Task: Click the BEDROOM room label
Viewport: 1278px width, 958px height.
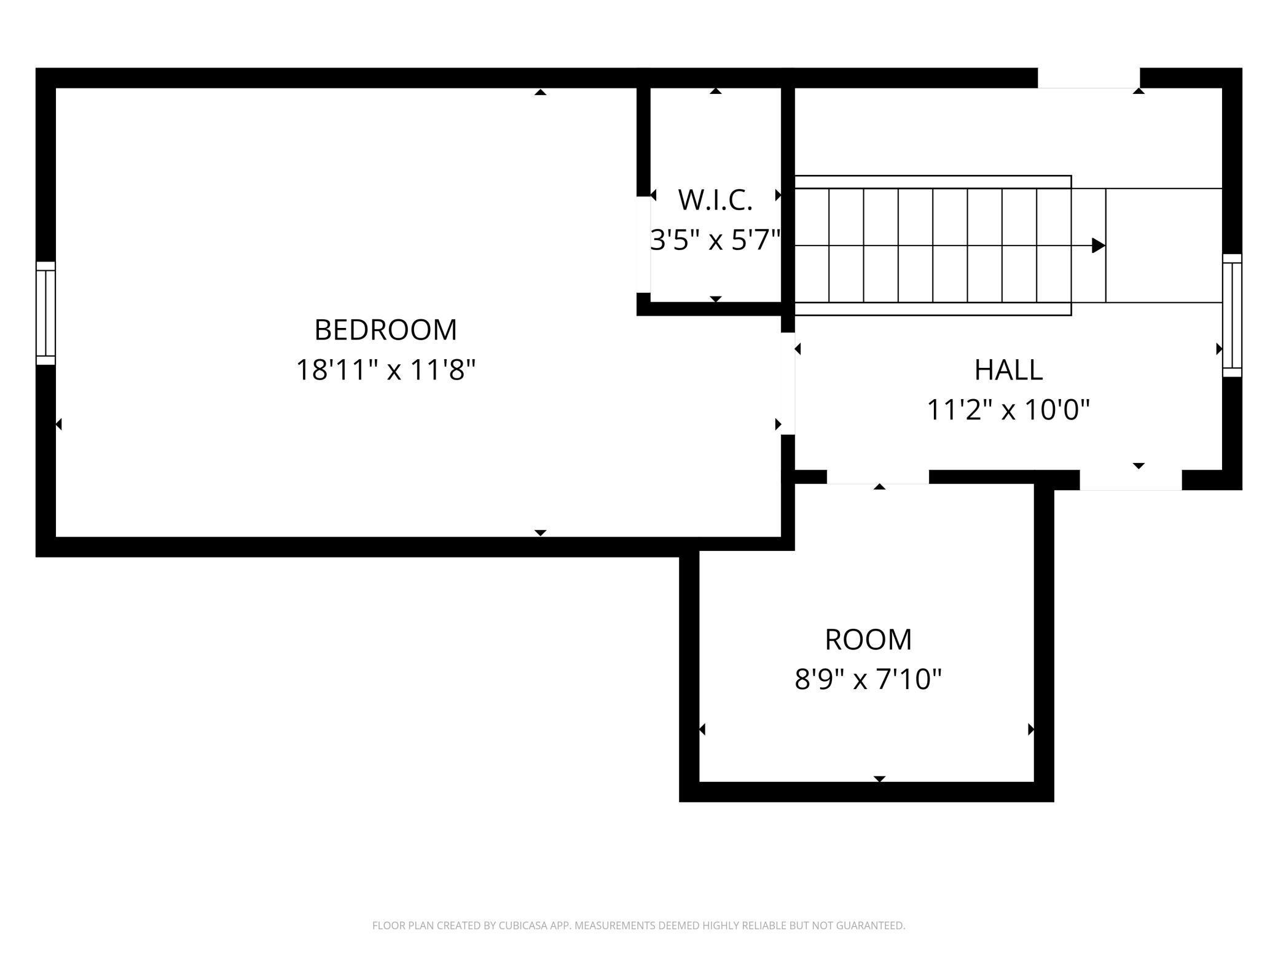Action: click(386, 330)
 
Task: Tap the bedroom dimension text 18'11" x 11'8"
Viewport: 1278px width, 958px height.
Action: click(386, 370)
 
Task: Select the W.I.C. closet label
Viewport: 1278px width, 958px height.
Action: click(715, 200)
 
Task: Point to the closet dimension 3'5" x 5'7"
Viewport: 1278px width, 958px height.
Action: click(715, 240)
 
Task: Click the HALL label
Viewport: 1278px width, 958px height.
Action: click(1008, 370)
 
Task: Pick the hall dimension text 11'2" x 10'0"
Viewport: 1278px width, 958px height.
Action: click(1008, 410)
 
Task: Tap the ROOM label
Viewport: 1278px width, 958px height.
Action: click(868, 639)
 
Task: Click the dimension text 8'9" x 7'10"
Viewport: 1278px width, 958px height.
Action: click(868, 679)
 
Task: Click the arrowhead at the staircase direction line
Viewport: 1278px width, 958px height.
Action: click(1099, 246)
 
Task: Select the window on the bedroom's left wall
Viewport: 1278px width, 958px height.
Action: click(45, 313)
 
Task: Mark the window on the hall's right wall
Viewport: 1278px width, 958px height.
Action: click(1232, 315)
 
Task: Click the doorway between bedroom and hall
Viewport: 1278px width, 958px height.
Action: click(788, 384)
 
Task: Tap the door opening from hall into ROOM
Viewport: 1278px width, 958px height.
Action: click(877, 477)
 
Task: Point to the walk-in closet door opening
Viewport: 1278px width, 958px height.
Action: click(643, 244)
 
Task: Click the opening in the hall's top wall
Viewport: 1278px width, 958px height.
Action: click(1089, 78)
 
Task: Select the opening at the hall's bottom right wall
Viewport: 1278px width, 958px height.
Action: click(1131, 480)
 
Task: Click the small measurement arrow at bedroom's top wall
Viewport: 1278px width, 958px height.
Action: click(540, 92)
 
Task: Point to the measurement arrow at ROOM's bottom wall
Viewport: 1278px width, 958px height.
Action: click(879, 779)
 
